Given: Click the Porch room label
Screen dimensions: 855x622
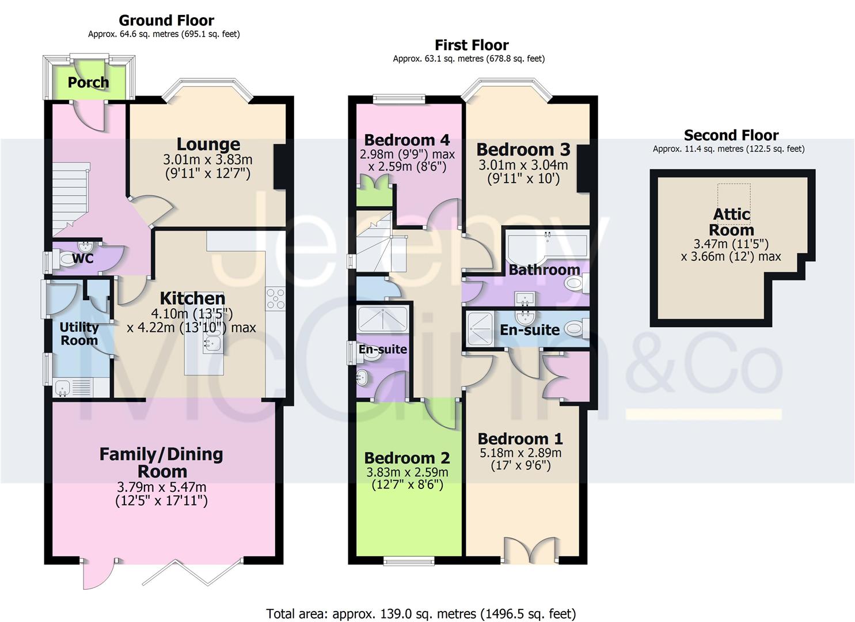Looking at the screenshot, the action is pos(88,82).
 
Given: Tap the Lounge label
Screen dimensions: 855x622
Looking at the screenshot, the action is pos(208,145).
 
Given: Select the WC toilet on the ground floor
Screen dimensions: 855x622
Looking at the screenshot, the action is pos(67,259).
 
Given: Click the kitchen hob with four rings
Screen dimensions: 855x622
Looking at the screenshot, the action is pos(275,298).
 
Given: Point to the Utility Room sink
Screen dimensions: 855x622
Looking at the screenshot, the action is pos(63,388).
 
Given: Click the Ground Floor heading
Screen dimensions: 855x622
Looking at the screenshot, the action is pos(166,20).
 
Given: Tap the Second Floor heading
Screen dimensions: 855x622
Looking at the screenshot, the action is pos(731,135).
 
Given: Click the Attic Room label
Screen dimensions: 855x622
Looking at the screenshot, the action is pos(731,222).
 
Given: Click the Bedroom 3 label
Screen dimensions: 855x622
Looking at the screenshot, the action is pos(523,149).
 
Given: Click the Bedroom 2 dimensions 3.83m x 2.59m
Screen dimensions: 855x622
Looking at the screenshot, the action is pos(407,472).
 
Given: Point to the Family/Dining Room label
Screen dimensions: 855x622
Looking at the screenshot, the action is pos(161,463).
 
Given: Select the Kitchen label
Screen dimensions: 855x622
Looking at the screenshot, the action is pos(192,298).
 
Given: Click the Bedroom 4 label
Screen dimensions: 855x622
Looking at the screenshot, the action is pos(407,140).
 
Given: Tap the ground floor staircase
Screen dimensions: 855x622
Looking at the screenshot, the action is pos(71,199).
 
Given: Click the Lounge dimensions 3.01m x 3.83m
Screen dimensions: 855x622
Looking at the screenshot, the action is pos(208,159).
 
